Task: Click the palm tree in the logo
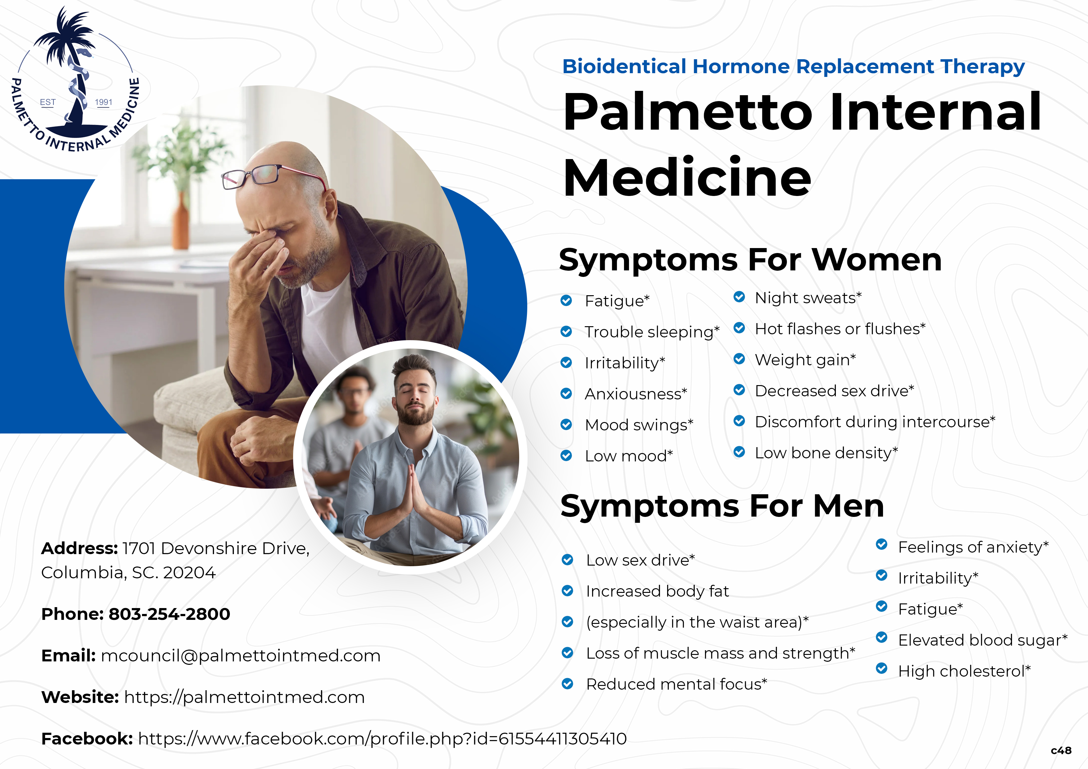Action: coord(71,66)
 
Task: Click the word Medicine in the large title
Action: coord(687,177)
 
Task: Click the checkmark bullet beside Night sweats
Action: coord(739,297)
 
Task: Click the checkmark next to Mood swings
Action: coord(566,425)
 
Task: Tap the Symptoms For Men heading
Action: coord(722,506)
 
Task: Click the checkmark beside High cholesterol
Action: coord(881,668)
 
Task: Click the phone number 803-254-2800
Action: coord(169,614)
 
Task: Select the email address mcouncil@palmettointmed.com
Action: coord(241,656)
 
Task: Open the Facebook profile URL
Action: coord(382,739)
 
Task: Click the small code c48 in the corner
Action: coord(1061,750)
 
